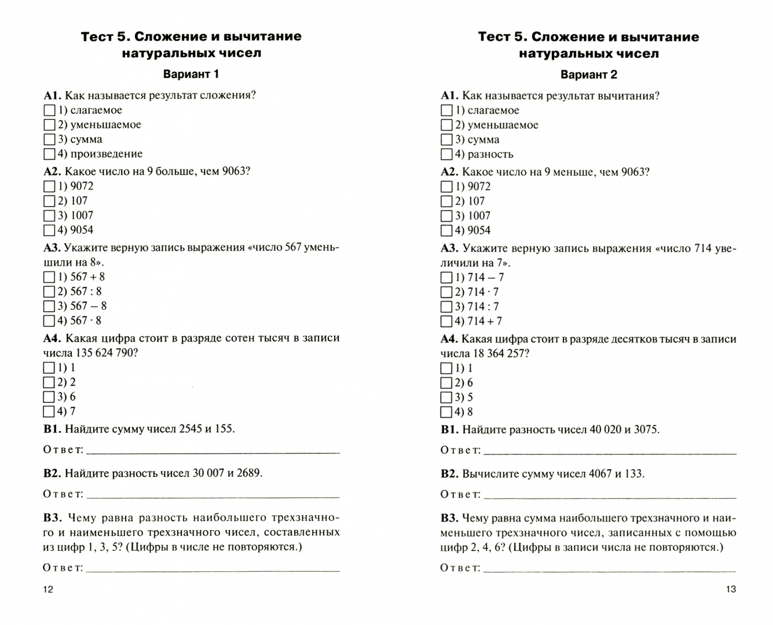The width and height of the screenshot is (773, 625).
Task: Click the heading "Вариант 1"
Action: point(191,74)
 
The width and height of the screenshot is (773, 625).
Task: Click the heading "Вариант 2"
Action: point(588,75)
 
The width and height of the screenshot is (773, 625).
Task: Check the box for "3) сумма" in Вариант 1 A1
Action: point(49,139)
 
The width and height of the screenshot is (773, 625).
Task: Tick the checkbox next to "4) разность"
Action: point(446,155)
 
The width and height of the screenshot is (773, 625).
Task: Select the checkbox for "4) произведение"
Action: point(49,154)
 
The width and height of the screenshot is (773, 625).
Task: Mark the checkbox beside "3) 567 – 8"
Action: point(49,306)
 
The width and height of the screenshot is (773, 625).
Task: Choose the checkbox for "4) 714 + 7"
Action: point(446,321)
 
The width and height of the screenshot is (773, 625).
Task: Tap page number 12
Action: point(48,589)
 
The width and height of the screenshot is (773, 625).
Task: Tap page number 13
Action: point(731,589)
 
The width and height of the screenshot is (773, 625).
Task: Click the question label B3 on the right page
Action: point(449,518)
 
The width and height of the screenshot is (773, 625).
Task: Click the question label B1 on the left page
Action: point(52,429)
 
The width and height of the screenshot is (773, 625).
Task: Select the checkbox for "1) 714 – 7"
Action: point(446,278)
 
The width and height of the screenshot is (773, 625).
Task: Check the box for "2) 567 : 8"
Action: point(49,292)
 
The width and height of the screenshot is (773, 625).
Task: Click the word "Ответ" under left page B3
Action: point(63,567)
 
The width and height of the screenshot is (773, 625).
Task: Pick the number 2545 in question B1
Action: point(192,429)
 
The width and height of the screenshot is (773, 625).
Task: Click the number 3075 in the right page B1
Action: point(646,429)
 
